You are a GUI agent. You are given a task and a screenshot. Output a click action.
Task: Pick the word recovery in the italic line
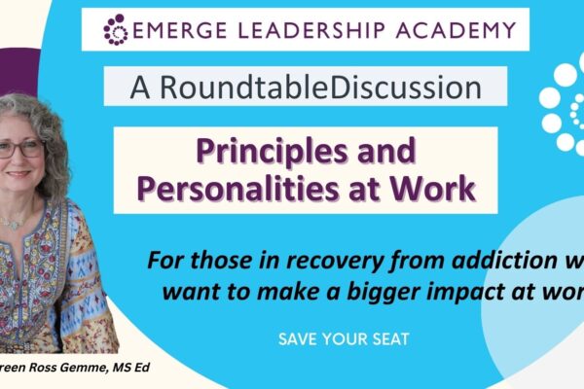pos(343,262)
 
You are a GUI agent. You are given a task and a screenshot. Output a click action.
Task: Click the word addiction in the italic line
pos(492,262)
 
